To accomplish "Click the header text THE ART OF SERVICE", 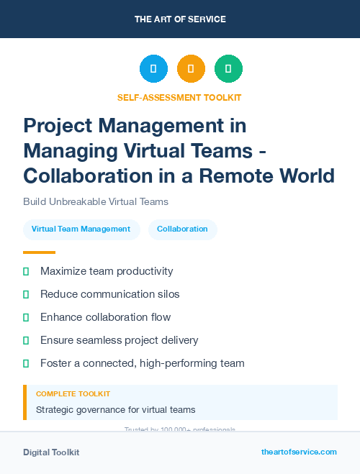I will [180, 19].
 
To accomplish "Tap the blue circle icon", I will [153, 69].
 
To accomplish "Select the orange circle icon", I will [191, 69].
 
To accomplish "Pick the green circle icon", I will [228, 69].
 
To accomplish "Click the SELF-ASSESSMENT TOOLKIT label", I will [179, 98].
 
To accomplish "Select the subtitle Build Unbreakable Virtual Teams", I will [96, 202].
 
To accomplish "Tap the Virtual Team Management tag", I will [81, 229].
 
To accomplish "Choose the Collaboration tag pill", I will [182, 229].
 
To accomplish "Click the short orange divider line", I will [39, 252].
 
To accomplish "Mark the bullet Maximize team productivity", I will [107, 271].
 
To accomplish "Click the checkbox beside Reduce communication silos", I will [26, 294].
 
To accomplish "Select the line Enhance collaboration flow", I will [105, 317].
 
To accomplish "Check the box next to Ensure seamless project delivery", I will [26, 340].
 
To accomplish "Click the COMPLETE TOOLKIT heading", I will [73, 394].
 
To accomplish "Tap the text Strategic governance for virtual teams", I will [115, 410].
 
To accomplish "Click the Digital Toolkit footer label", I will [51, 452].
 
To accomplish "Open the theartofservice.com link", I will [299, 452].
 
